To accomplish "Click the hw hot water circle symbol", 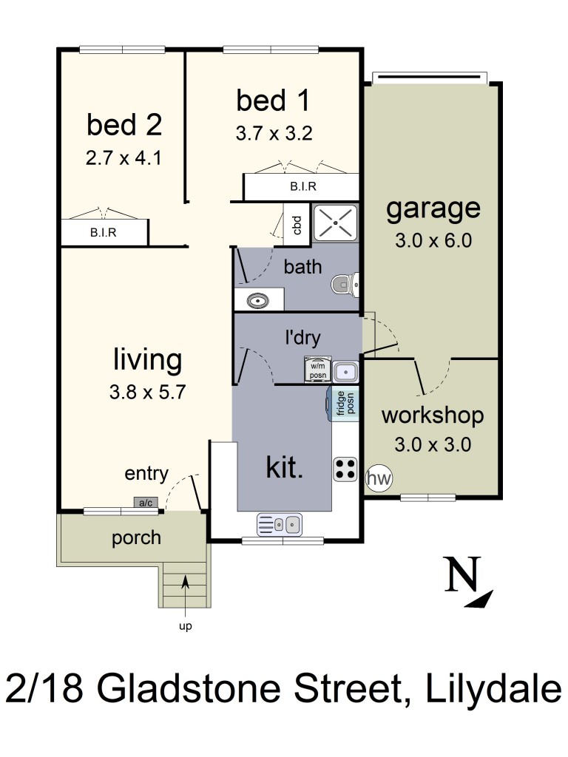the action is (379, 478).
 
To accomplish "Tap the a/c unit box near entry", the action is (146, 503).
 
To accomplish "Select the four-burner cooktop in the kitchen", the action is (345, 469).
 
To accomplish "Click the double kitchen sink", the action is (280, 524).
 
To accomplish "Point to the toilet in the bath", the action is (345, 285).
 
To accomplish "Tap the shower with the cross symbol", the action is (335, 223).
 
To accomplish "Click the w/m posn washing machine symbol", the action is (318, 370).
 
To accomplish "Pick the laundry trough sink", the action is (346, 372).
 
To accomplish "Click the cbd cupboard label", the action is (297, 225).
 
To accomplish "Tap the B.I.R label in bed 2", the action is (104, 233).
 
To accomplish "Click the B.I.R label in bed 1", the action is (303, 186).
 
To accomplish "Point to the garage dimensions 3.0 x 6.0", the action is (433, 240).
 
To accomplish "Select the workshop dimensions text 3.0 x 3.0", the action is (433, 444).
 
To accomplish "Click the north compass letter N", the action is (463, 574).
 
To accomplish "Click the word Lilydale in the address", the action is (493, 689).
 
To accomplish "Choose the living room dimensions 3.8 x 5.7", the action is (147, 392).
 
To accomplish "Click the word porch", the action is (136, 538).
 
